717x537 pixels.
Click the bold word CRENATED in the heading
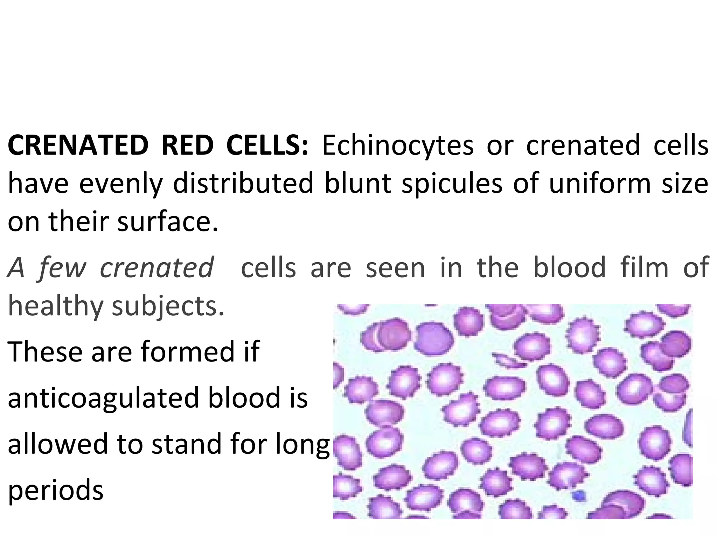click(x=78, y=145)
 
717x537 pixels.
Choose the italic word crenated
click(x=156, y=268)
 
